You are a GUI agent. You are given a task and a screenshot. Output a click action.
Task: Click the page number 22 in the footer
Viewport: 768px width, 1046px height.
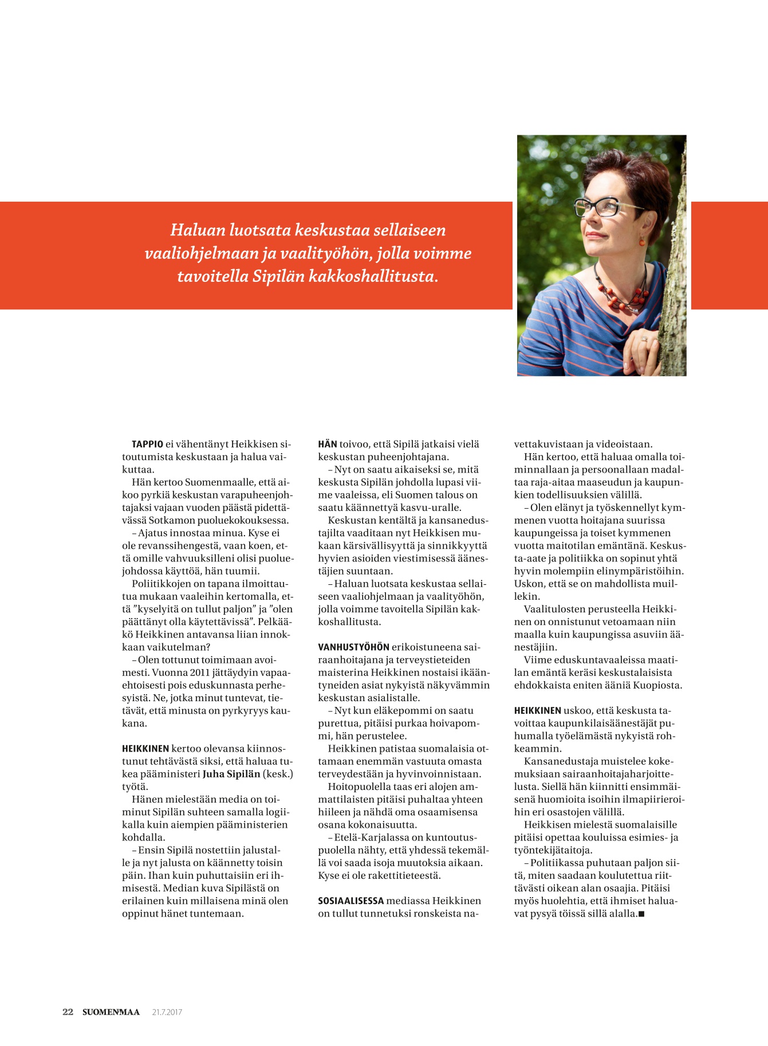click(68, 1012)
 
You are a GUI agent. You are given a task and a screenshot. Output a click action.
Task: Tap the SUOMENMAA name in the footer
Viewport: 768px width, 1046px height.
click(111, 1012)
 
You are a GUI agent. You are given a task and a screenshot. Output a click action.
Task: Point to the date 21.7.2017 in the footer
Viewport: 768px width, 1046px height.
click(167, 1012)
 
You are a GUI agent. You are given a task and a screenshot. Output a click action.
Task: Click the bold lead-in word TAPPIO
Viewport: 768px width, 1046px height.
click(147, 444)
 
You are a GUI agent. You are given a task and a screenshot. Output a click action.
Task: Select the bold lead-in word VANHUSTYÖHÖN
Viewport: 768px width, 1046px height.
click(353, 647)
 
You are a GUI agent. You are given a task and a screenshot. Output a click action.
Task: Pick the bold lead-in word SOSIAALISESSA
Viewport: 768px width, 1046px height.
click(350, 900)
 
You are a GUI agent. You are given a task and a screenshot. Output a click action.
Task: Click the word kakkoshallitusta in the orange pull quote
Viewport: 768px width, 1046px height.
click(373, 277)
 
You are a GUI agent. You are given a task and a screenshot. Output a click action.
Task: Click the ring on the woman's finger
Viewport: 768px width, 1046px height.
click(646, 339)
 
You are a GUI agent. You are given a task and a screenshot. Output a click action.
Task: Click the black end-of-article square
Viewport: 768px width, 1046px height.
click(641, 914)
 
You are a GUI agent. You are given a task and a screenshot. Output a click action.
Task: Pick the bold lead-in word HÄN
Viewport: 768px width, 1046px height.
click(328, 444)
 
